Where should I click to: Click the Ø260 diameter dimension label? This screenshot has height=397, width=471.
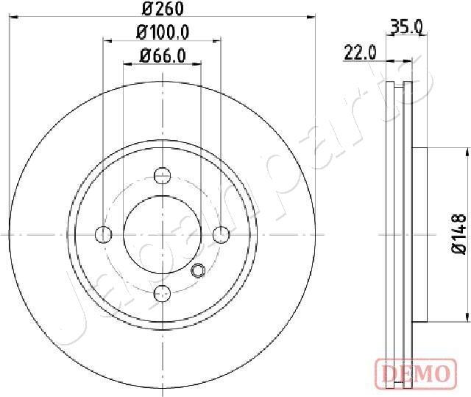tap(163, 9)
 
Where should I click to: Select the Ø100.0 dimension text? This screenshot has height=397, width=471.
tap(163, 32)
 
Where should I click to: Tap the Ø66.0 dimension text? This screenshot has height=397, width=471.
tap(163, 56)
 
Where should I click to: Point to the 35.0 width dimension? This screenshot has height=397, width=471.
tap(406, 28)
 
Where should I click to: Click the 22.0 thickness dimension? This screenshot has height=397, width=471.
tap(360, 53)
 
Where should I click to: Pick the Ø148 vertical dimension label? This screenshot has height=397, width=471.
tap(459, 234)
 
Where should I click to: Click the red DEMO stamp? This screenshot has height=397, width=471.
tap(416, 373)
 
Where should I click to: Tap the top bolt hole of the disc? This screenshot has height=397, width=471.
tap(162, 175)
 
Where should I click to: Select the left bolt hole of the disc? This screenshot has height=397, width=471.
tap(103, 234)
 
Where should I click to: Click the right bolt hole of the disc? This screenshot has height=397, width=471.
tap(221, 234)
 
